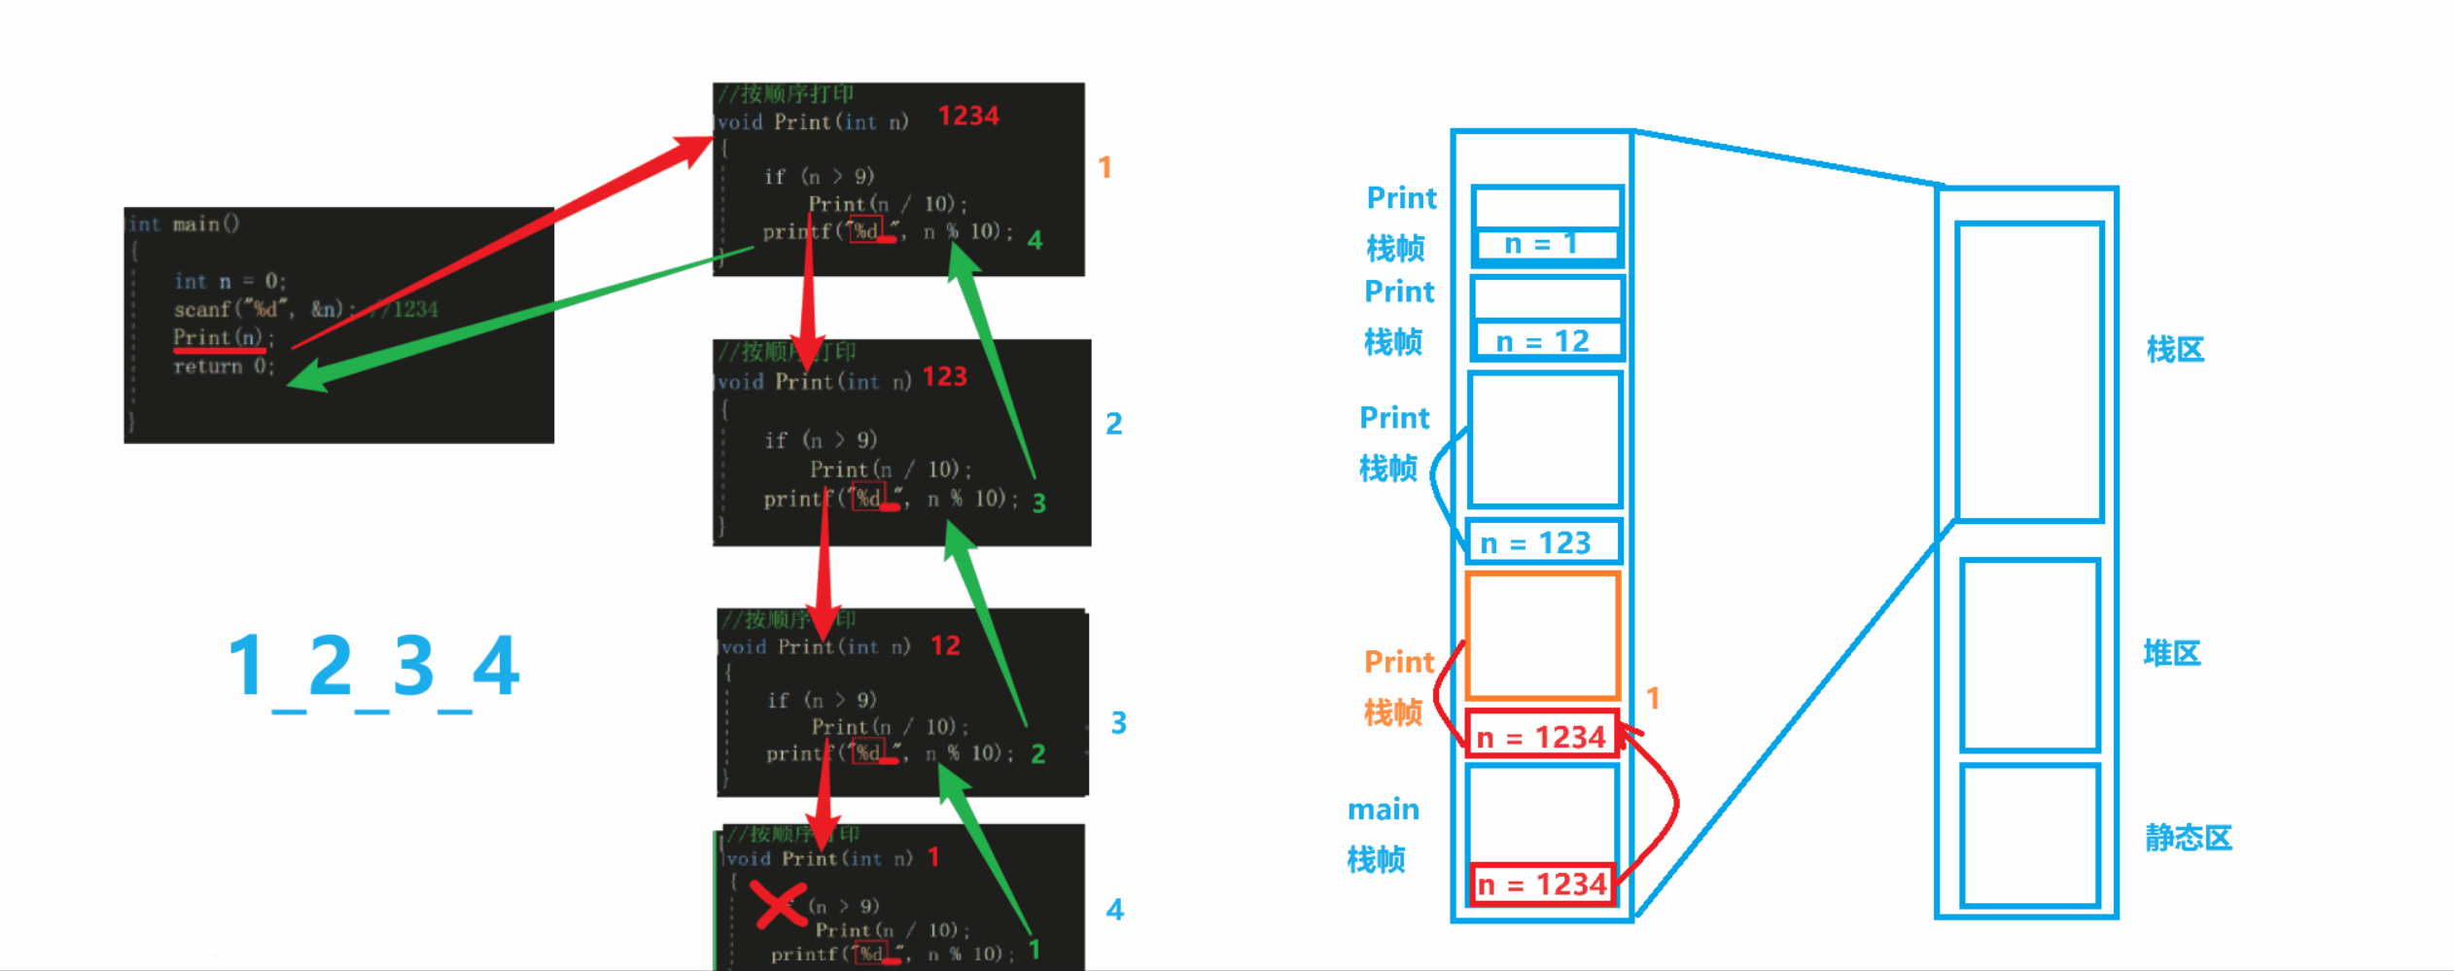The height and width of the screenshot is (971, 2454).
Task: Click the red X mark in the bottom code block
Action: (x=778, y=905)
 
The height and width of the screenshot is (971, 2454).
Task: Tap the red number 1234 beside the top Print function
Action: (x=968, y=117)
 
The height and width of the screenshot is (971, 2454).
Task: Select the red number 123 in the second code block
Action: (x=944, y=377)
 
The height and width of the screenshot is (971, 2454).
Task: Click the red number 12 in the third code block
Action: (x=945, y=646)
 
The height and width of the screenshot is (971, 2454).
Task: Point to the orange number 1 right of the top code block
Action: (x=1104, y=168)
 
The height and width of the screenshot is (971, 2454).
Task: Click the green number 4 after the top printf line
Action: (x=1034, y=240)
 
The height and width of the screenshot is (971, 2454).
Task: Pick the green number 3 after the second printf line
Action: (x=1038, y=503)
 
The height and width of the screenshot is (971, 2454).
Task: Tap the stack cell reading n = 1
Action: (x=1545, y=244)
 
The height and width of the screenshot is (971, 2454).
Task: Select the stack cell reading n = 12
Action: (x=1545, y=341)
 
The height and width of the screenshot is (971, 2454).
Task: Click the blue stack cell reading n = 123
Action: (x=1543, y=542)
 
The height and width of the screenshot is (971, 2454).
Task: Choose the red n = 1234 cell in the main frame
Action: (x=1542, y=884)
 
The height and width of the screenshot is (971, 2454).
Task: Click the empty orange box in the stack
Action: (x=1542, y=637)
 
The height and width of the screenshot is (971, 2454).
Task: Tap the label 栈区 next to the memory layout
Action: (x=2175, y=350)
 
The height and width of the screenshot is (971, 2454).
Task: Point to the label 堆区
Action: (x=2171, y=653)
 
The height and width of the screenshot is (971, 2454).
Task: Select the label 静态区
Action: (x=2189, y=838)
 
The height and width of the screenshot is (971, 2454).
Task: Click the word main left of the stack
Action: (x=1383, y=810)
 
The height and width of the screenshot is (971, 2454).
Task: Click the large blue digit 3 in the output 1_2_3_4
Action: (x=413, y=666)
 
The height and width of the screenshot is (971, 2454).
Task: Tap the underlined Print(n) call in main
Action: (x=219, y=338)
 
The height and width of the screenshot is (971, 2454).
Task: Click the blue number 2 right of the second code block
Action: (x=1114, y=424)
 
